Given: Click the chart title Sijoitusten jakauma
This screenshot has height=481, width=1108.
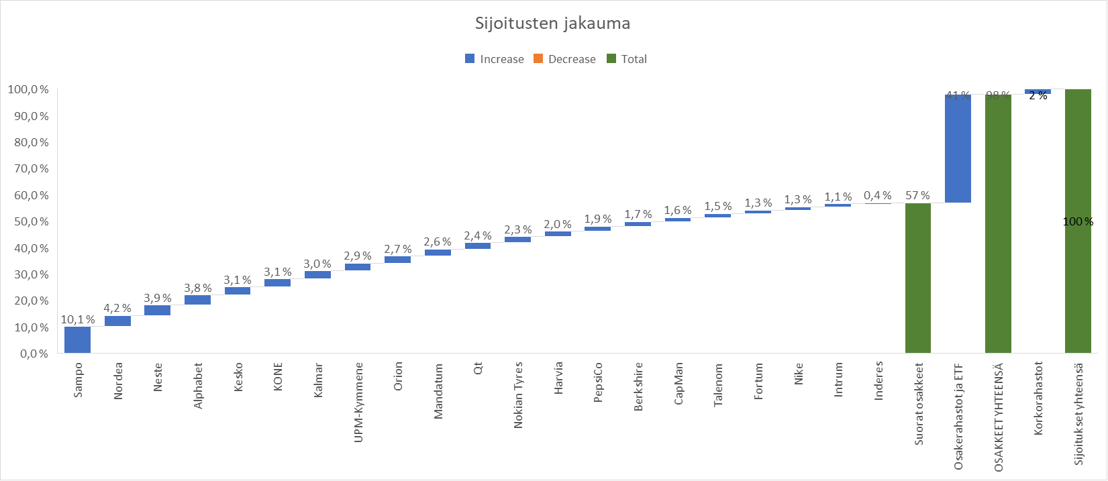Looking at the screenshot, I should (x=552, y=24).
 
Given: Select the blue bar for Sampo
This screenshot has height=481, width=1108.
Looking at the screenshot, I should (x=77, y=339).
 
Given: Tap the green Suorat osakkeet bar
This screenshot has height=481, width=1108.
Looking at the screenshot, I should (x=917, y=278).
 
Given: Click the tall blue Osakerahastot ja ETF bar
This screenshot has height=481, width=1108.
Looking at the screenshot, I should (x=958, y=148).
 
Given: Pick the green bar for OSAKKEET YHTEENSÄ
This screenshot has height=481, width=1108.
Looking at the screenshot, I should (x=998, y=223).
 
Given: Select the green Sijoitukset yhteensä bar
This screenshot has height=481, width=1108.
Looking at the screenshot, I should (x=1078, y=221).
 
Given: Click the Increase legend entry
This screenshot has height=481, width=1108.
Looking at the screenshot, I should (x=494, y=59).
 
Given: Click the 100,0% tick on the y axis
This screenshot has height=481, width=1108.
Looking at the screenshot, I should (x=28, y=90).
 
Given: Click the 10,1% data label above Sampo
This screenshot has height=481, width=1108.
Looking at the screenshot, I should (x=77, y=320).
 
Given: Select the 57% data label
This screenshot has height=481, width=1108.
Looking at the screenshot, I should (x=917, y=196).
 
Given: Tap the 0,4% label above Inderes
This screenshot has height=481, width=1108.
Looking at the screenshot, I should (x=878, y=196).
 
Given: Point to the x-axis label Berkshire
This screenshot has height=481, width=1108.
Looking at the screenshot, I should (x=638, y=386).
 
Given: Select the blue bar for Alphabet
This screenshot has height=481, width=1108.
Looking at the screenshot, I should (x=197, y=300).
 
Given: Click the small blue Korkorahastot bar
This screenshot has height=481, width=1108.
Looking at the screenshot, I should (x=1038, y=91).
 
